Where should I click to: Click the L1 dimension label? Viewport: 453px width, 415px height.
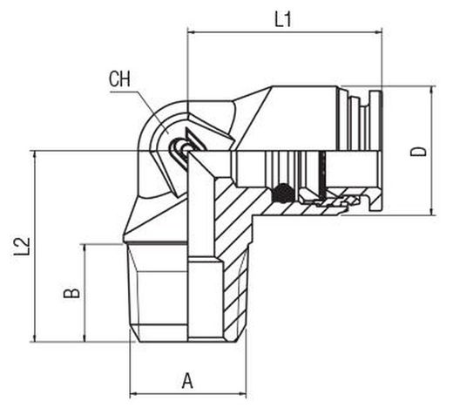point(283,20)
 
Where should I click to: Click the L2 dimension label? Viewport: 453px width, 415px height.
point(22,247)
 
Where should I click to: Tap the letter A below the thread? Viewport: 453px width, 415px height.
point(187,381)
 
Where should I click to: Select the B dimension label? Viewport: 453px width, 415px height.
point(71,294)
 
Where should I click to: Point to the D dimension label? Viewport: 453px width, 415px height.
point(418,152)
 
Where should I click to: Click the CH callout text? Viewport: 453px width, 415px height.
point(119,78)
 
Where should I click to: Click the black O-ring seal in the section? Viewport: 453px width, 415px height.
point(282,194)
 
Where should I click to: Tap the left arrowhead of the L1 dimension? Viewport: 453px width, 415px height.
point(191,32)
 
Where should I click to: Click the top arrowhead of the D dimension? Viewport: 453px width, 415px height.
point(432,90)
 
